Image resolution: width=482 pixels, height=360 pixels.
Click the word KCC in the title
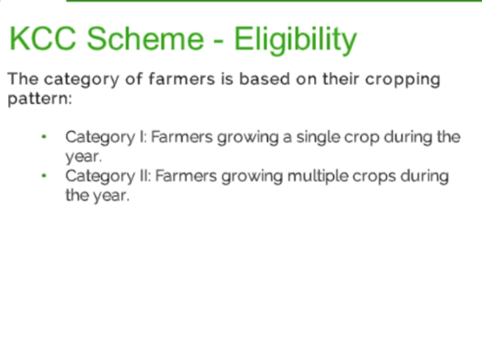tap(43, 38)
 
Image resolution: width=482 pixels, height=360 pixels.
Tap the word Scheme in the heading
tap(145, 38)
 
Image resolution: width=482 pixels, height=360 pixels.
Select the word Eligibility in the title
tap(296, 41)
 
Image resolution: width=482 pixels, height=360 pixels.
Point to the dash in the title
tap(218, 41)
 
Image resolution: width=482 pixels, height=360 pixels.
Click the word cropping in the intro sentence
tap(402, 80)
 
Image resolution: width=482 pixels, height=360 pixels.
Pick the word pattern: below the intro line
tap(40, 100)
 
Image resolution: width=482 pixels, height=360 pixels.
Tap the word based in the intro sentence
tap(265, 79)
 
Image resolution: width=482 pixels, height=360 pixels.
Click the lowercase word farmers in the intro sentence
tap(182, 79)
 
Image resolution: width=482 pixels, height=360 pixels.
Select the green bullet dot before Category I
tap(44, 136)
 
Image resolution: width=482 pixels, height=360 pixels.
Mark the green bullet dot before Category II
tap(44, 176)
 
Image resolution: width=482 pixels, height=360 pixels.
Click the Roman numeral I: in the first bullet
tap(143, 137)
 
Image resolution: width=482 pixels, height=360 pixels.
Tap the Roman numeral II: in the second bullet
tap(145, 176)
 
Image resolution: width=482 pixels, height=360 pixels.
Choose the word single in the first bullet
tap(318, 138)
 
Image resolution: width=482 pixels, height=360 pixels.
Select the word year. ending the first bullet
tap(83, 157)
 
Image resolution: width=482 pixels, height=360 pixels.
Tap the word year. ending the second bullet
tap(111, 196)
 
